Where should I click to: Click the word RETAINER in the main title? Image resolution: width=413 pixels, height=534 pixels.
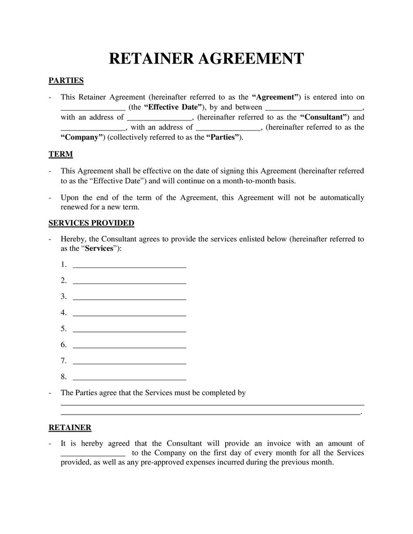pyautogui.click(x=151, y=58)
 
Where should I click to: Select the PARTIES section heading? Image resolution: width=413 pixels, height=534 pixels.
pyautogui.click(x=66, y=81)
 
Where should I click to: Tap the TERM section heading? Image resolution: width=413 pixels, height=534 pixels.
pyautogui.click(x=60, y=154)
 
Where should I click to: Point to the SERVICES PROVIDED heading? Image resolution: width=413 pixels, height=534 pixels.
pyautogui.click(x=91, y=223)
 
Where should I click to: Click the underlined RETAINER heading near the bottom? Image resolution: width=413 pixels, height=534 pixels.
pyautogui.click(x=70, y=428)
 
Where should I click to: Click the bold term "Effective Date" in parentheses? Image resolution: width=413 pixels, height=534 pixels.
pyautogui.click(x=173, y=108)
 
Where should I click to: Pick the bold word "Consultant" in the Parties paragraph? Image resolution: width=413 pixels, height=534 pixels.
pyautogui.click(x=325, y=117)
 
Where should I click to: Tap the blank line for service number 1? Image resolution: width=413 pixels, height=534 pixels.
pyautogui.click(x=130, y=265)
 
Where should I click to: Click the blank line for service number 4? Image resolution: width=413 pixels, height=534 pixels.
pyautogui.click(x=130, y=313)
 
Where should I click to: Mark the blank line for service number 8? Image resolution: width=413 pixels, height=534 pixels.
pyautogui.click(x=130, y=378)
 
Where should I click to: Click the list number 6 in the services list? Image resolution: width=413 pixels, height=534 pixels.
pyautogui.click(x=63, y=345)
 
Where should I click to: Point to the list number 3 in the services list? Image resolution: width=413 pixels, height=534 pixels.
pyautogui.click(x=63, y=297)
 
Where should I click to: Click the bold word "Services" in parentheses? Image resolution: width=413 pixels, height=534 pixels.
pyautogui.click(x=99, y=249)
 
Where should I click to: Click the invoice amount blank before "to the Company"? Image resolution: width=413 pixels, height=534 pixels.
pyautogui.click(x=93, y=453)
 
